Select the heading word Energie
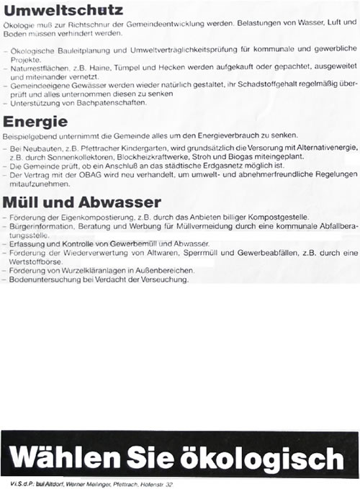pyautogui.click(x=35, y=122)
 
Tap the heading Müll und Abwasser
pyautogui.click(x=81, y=202)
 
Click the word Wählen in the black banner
pyautogui.click(x=64, y=457)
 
